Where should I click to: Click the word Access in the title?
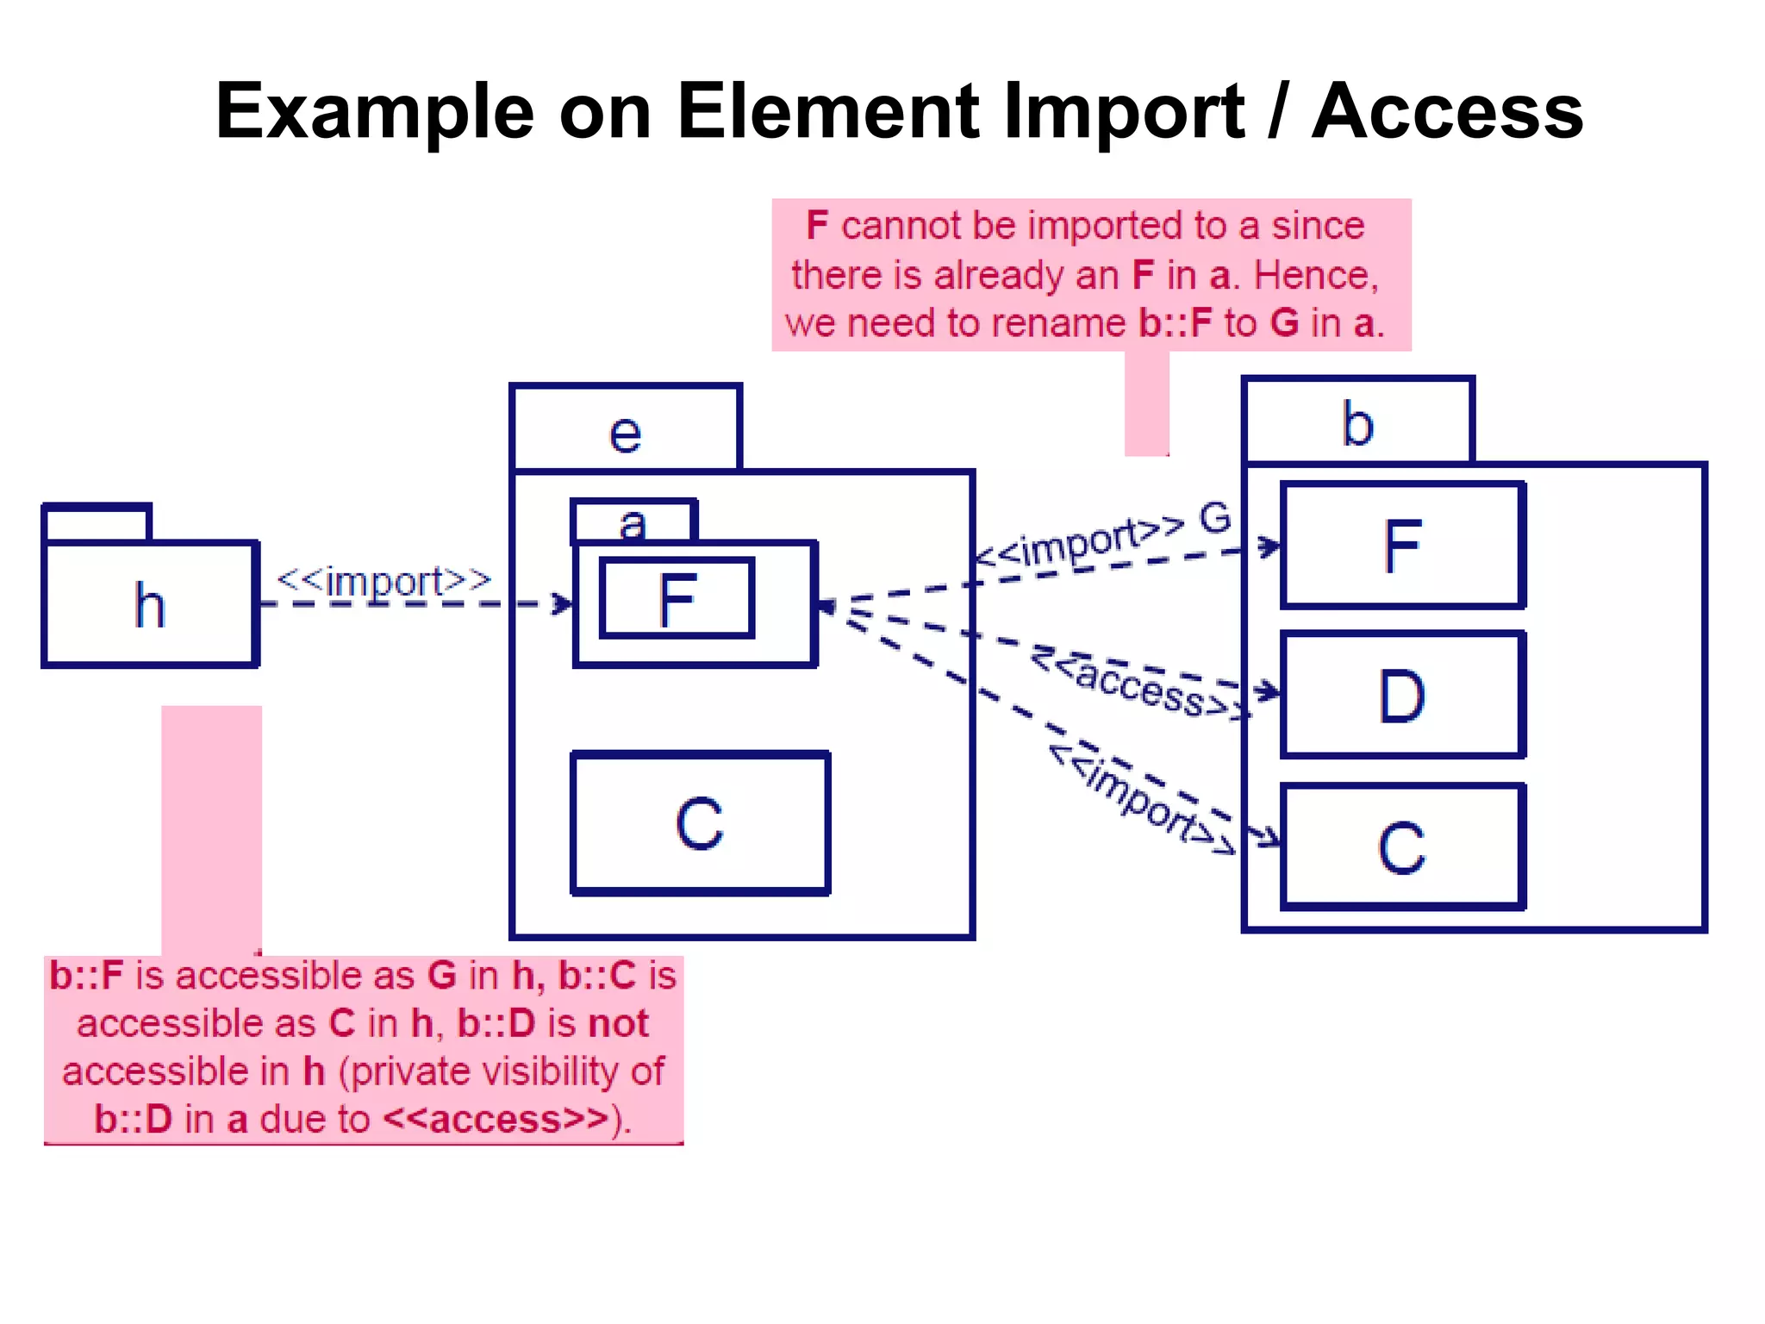click(x=1447, y=112)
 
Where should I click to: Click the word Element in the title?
click(x=827, y=112)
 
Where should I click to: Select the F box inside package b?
click(x=1402, y=546)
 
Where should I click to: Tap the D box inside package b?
click(x=1402, y=695)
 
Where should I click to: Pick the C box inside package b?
click(x=1402, y=847)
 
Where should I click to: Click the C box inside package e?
click(x=700, y=824)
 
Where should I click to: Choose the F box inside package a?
click(x=677, y=599)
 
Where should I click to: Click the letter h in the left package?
click(x=150, y=605)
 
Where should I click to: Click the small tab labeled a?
click(x=633, y=522)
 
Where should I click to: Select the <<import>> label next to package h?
click(x=384, y=581)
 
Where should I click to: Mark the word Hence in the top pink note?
click(x=1311, y=276)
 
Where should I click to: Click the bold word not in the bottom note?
click(x=618, y=1024)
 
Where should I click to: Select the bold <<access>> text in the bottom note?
click(x=496, y=1120)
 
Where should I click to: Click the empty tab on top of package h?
click(x=97, y=523)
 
